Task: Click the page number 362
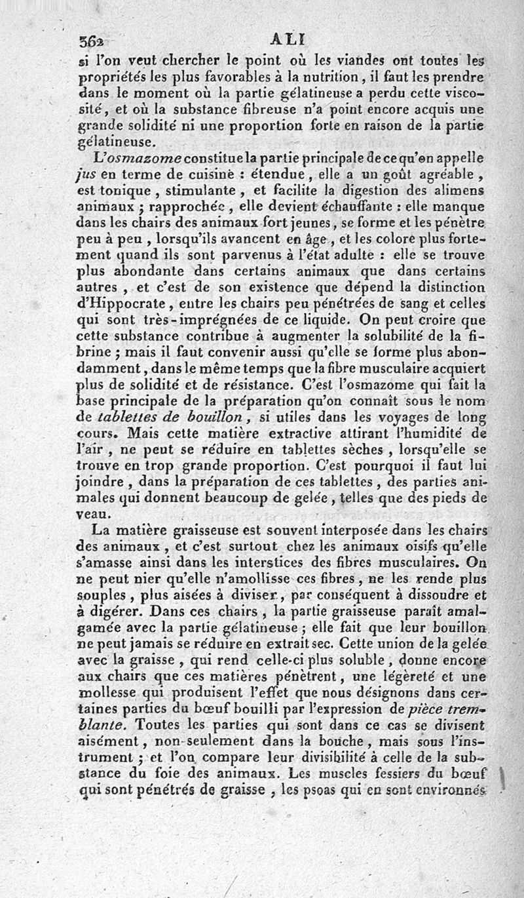point(92,41)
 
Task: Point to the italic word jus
point(86,176)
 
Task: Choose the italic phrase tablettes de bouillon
point(170,416)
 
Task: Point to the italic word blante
point(99,725)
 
